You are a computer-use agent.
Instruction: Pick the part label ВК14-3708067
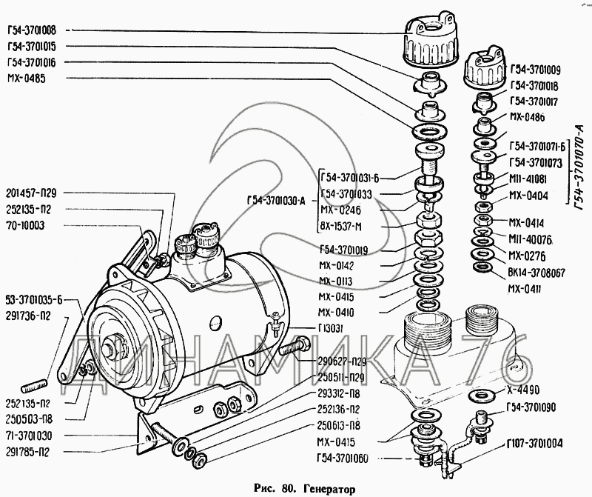[536, 273]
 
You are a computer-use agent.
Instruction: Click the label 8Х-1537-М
[344, 227]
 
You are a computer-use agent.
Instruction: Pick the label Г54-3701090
[536, 407]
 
